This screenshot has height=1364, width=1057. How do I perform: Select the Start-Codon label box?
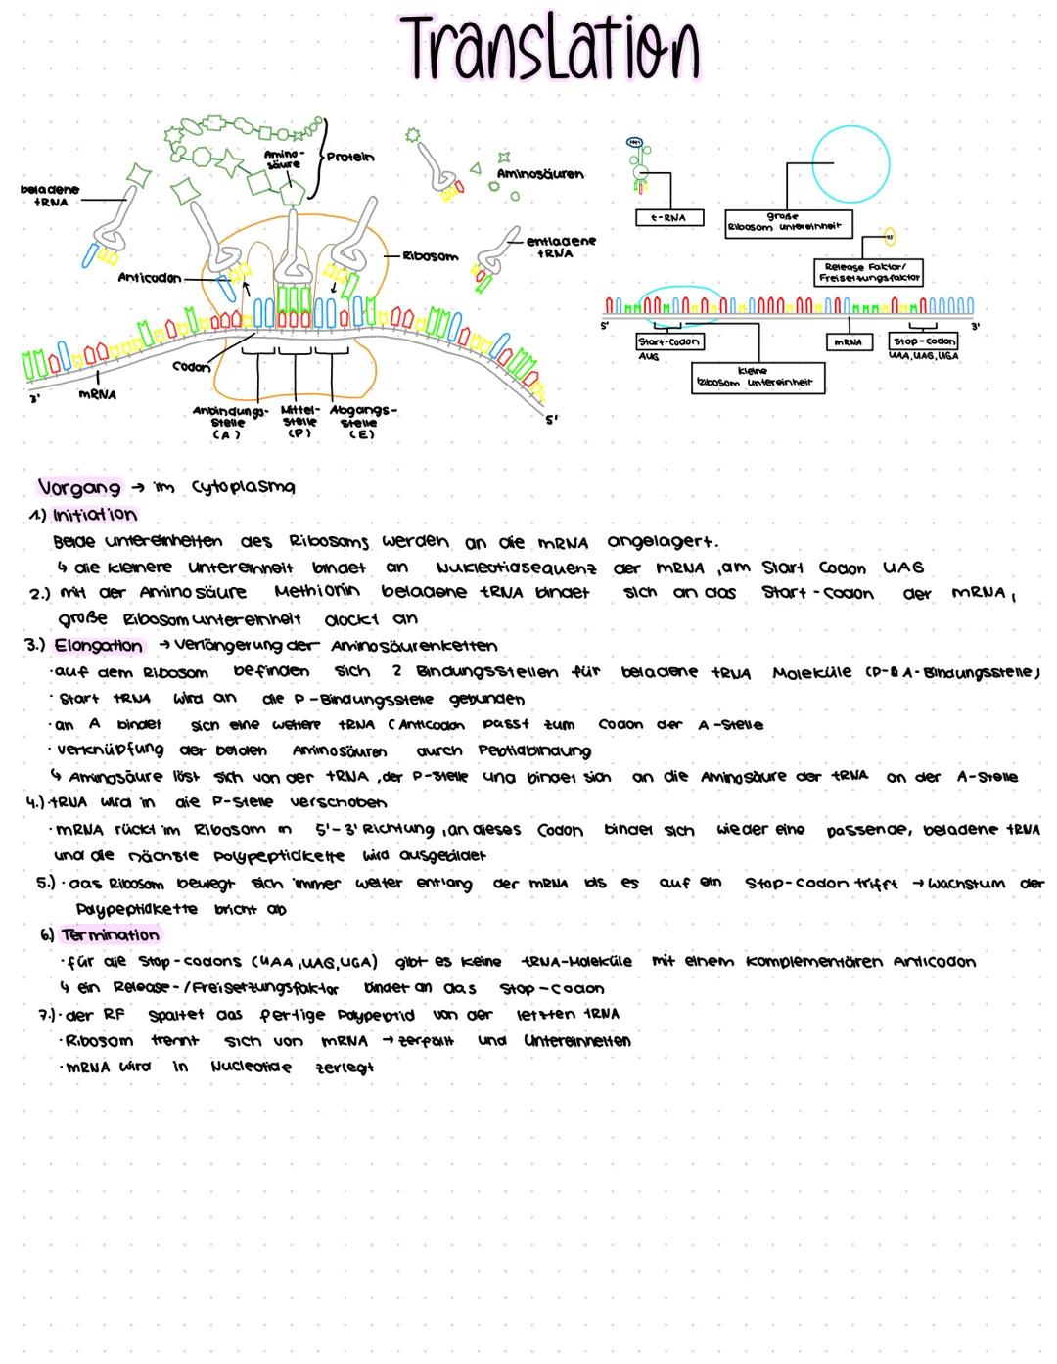[668, 342]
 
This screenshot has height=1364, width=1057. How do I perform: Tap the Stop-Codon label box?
[924, 341]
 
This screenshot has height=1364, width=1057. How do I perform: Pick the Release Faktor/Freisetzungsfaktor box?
[868, 272]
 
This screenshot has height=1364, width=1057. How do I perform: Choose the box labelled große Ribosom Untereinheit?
[788, 222]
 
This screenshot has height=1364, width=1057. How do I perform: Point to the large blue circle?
[850, 162]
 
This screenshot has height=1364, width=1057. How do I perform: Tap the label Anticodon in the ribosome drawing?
[149, 278]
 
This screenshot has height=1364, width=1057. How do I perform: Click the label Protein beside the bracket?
[350, 158]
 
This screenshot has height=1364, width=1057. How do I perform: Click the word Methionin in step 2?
[316, 592]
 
